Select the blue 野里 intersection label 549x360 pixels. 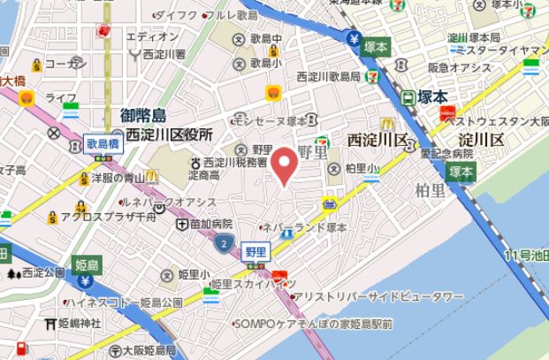click(x=255, y=251)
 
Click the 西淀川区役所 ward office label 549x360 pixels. click(x=169, y=135)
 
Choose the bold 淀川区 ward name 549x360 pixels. click(x=481, y=140)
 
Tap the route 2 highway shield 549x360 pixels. click(x=226, y=241)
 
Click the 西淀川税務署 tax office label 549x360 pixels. click(x=234, y=163)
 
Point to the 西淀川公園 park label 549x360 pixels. click(x=44, y=272)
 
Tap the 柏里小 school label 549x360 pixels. click(x=362, y=167)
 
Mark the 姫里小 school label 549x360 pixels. click(x=194, y=274)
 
